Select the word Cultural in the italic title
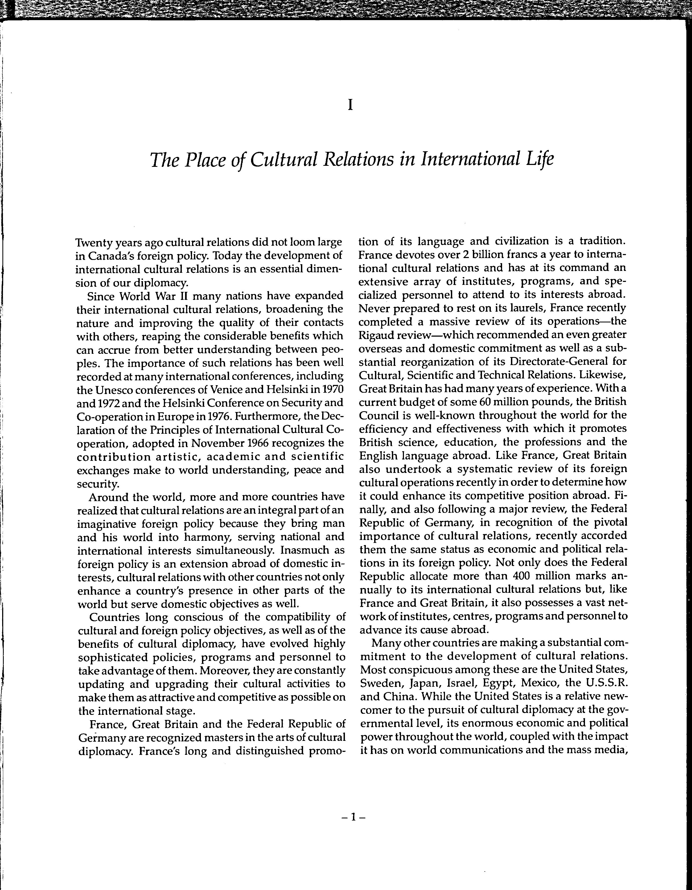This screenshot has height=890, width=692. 284,160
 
